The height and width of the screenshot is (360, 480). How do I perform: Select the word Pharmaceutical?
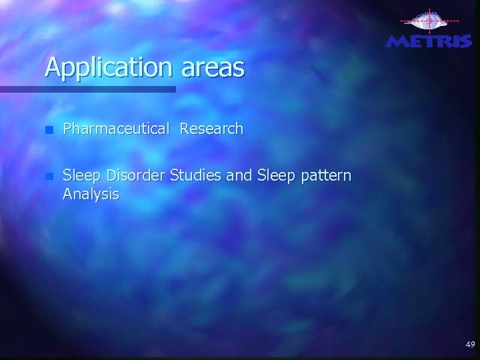click(116, 129)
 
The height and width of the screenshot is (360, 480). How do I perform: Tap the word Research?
click(211, 129)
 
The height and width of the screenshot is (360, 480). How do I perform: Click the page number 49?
click(470, 345)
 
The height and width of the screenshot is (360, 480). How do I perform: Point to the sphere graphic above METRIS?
click(428, 22)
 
